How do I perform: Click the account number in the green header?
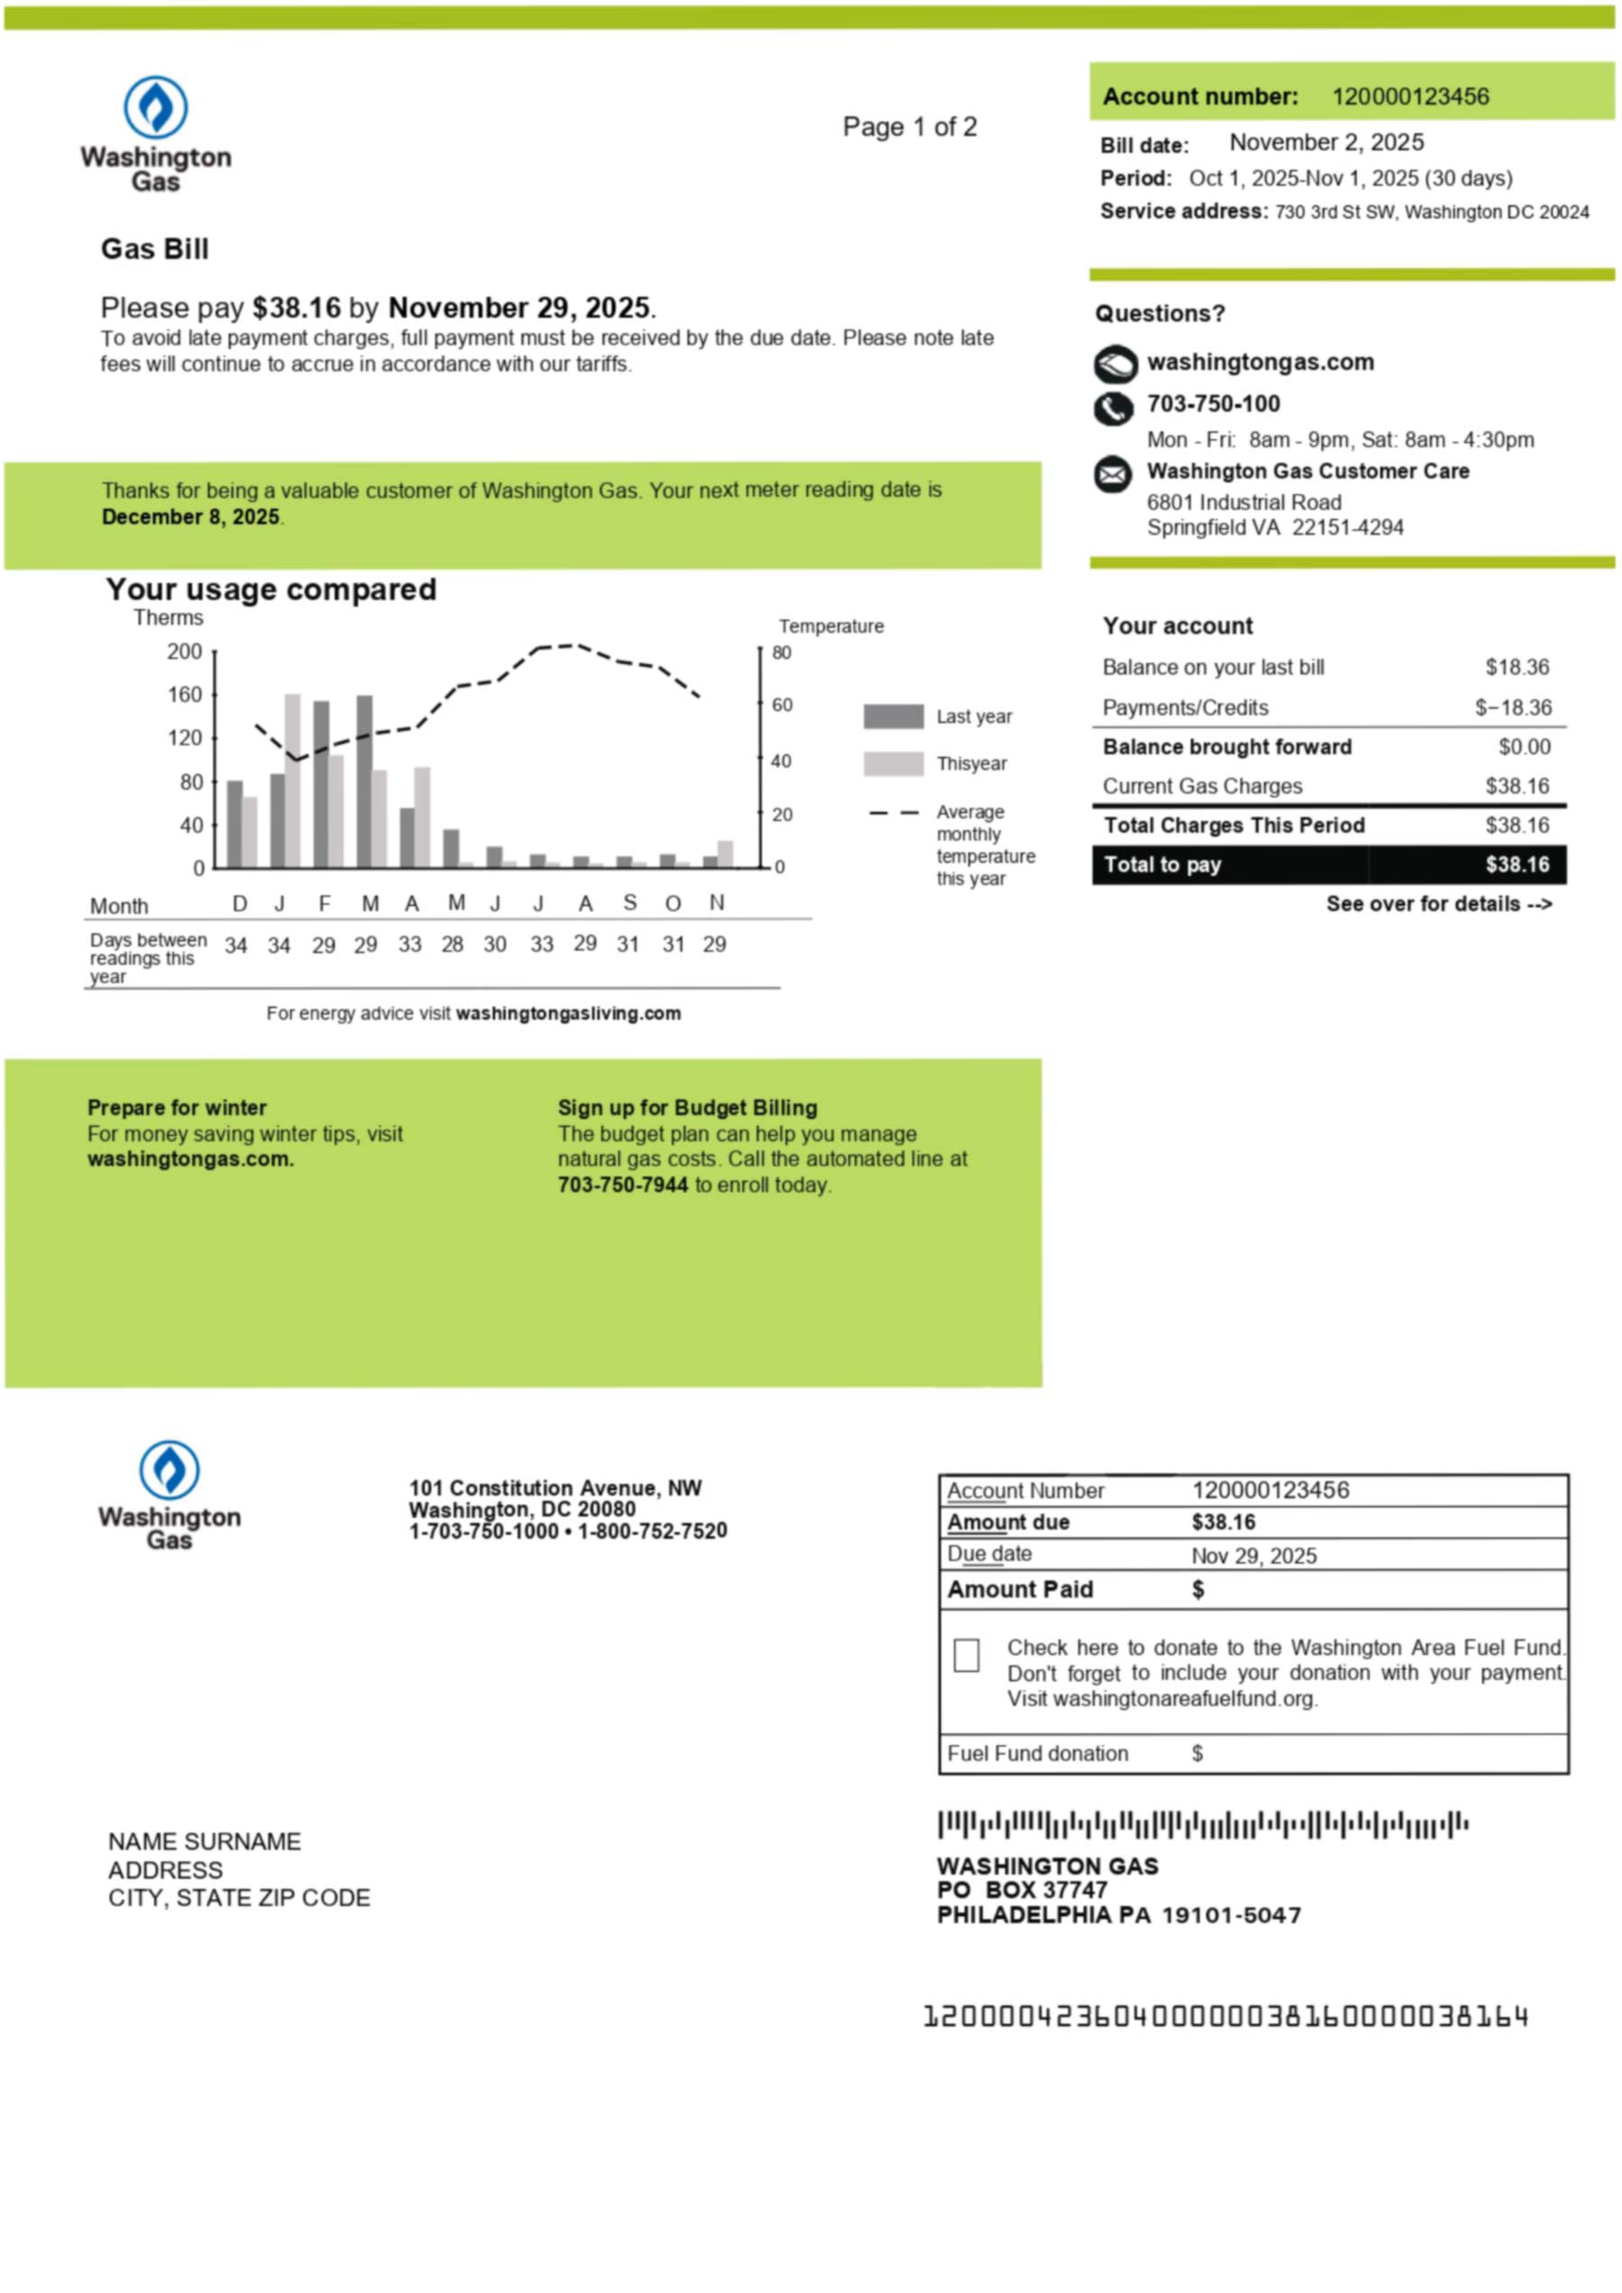1409,97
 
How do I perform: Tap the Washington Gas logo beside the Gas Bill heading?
156,132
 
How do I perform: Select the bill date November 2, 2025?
1326,143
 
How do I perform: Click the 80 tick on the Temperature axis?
781,653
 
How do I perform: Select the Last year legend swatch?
893,717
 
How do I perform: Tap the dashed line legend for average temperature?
893,812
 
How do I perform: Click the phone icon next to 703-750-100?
1114,407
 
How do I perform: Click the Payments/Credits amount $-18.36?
1513,708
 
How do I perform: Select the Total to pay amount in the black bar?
1517,864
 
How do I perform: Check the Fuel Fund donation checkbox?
966,1656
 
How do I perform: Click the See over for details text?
1438,903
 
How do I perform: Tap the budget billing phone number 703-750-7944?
623,1185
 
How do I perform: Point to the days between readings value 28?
452,945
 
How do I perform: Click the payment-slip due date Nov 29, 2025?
1253,1556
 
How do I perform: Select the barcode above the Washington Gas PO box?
1202,1825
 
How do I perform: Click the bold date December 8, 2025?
191,516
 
